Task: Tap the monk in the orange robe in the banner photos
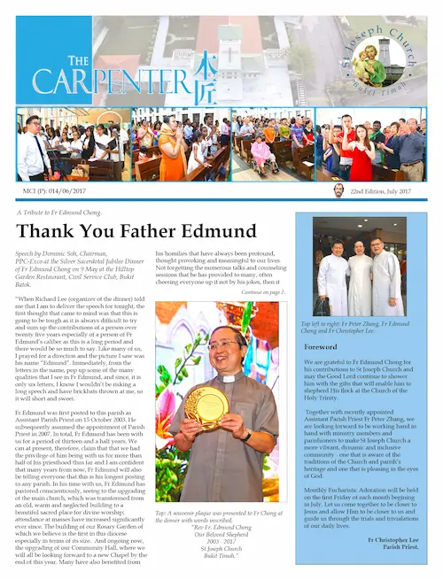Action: pos(169,146)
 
